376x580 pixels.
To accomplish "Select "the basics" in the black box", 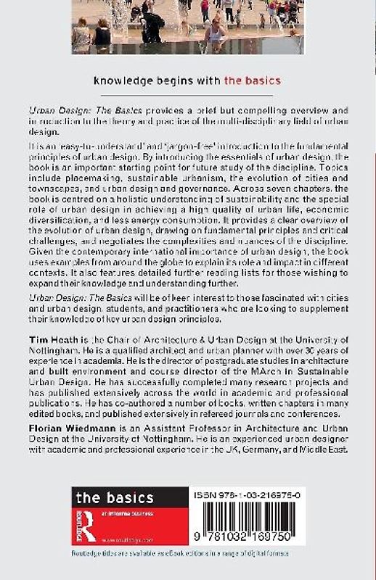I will (x=115, y=497).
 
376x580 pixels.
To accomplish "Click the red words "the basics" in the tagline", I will (x=252, y=80).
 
